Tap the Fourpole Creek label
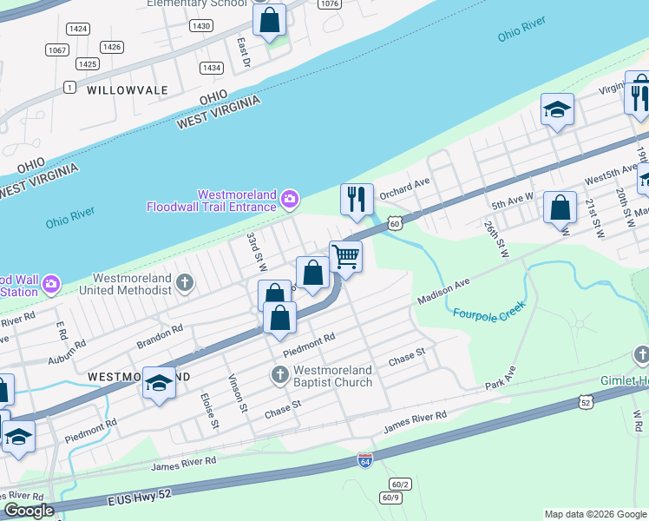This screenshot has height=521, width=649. click(x=486, y=316)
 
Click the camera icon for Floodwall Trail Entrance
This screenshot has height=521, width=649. click(x=290, y=201)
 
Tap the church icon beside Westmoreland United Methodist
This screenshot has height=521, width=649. click(x=184, y=282)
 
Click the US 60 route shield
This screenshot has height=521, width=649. click(x=394, y=223)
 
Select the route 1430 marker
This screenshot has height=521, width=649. click(x=201, y=26)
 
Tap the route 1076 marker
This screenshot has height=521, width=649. click(x=328, y=4)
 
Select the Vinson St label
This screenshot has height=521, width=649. click(x=234, y=387)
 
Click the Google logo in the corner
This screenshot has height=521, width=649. click(x=28, y=511)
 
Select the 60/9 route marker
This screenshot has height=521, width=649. click(x=391, y=498)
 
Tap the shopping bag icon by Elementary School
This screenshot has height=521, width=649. click(x=270, y=20)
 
